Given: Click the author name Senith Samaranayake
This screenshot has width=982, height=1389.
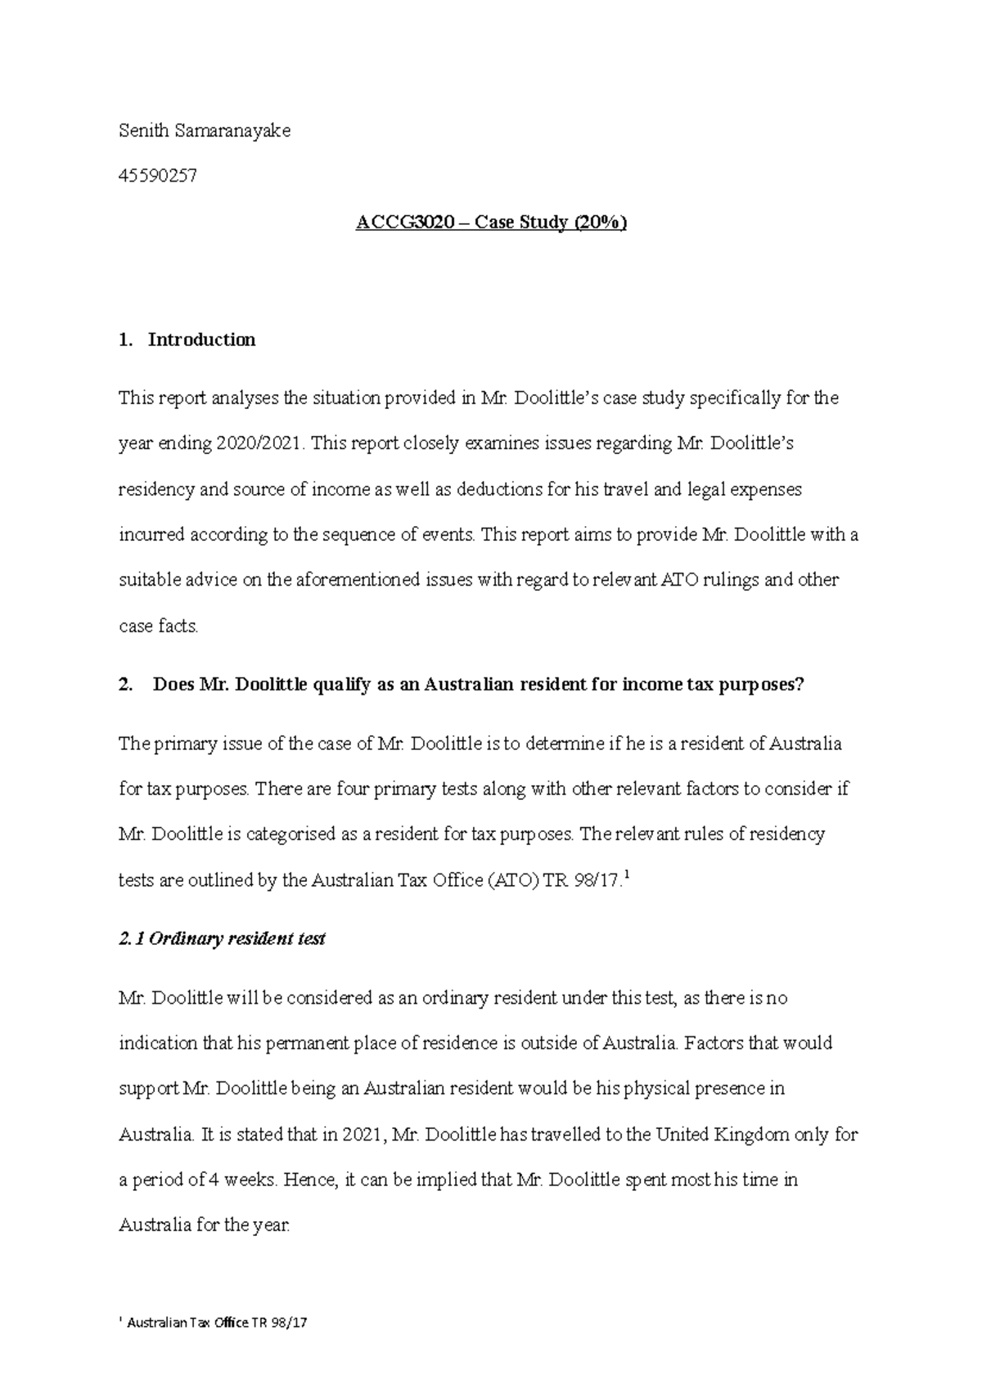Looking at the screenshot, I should pyautogui.click(x=205, y=131).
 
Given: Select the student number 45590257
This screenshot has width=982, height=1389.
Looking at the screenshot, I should pyautogui.click(x=158, y=176).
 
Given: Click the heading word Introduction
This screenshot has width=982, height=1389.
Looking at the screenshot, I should pyautogui.click(x=201, y=339).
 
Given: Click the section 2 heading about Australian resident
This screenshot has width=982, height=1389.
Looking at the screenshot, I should pyautogui.click(x=479, y=685).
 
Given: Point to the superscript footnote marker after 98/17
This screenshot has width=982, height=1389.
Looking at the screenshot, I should pyautogui.click(x=627, y=877).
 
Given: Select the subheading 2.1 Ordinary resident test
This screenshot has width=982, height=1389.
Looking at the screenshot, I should pyautogui.click(x=222, y=939).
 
